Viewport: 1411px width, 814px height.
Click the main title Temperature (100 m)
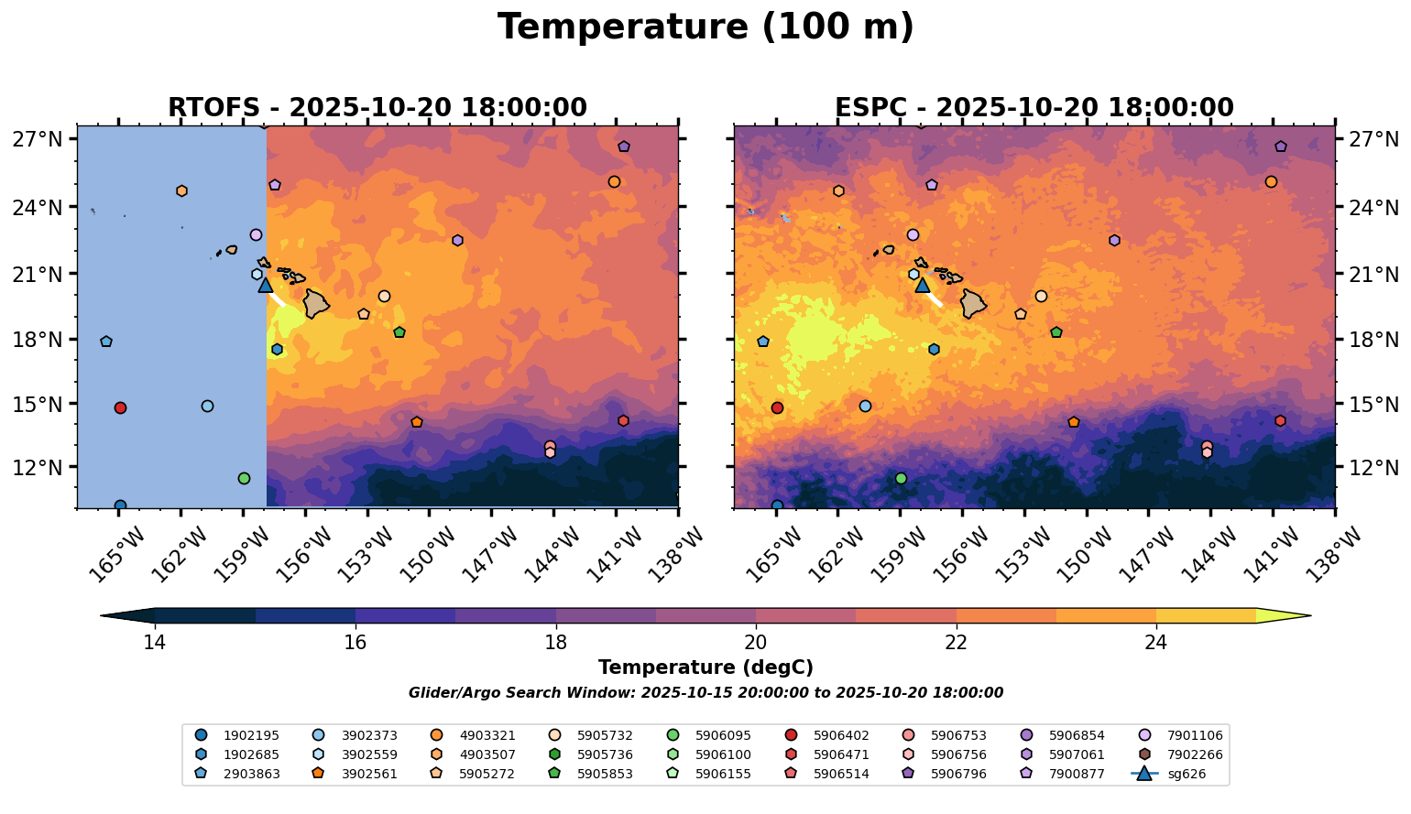(x=705, y=27)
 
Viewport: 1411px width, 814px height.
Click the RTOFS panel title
(x=377, y=108)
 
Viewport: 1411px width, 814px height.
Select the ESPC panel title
(x=1034, y=108)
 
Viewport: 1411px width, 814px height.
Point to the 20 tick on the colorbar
(x=756, y=642)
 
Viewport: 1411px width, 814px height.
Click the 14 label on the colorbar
(x=155, y=642)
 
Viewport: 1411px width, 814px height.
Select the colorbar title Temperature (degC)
(x=705, y=667)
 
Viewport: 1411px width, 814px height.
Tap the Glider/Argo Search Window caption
(x=705, y=693)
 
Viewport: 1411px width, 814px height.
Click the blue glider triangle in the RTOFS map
(x=266, y=286)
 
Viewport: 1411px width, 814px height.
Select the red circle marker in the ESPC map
(x=777, y=407)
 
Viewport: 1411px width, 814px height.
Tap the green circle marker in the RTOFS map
(x=244, y=478)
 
